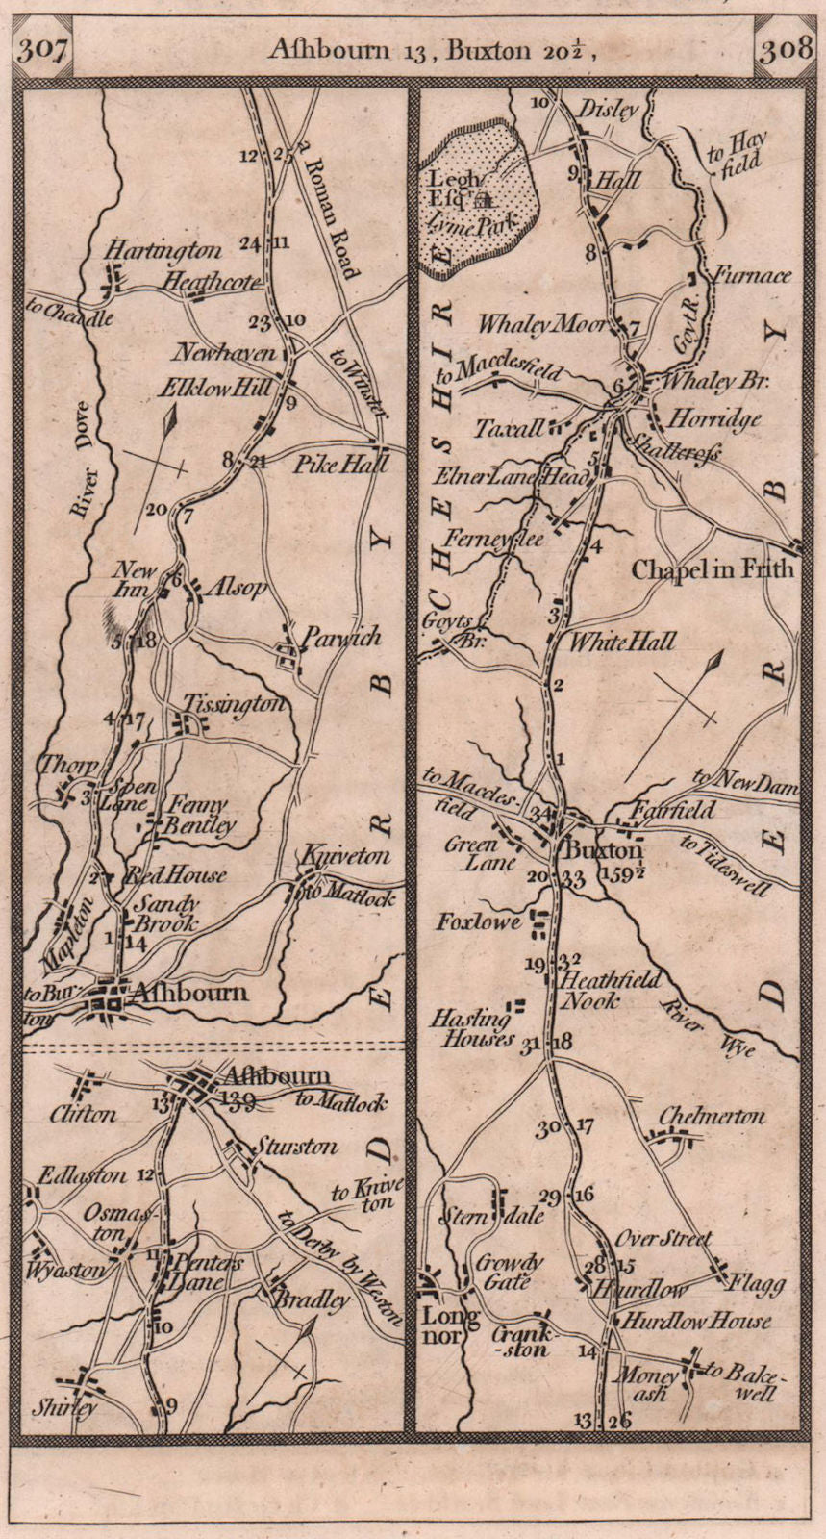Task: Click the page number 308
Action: pyautogui.click(x=785, y=50)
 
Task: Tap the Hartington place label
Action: pyautogui.click(x=163, y=251)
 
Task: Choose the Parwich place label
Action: pyautogui.click(x=339, y=637)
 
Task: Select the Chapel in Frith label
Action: pyautogui.click(x=713, y=569)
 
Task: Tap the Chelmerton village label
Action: pyautogui.click(x=713, y=1117)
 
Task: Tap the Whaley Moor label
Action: pyautogui.click(x=552, y=325)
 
